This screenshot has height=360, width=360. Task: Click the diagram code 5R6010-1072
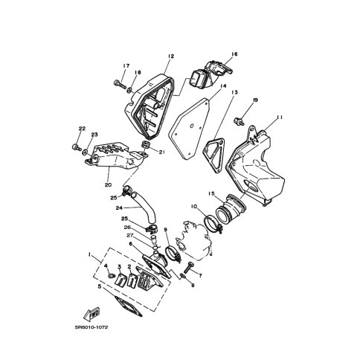pos(91,327)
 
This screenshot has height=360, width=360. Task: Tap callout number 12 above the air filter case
pos(171,56)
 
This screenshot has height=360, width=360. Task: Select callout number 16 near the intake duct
pos(234,54)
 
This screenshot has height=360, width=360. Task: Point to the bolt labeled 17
pos(120,84)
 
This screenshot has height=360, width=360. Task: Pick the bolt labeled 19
pos(239,121)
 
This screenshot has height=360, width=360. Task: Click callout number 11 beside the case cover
pos(280,118)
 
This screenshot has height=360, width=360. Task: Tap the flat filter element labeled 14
pos(189,129)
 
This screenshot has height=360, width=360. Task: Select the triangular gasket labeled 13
pos(213,155)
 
